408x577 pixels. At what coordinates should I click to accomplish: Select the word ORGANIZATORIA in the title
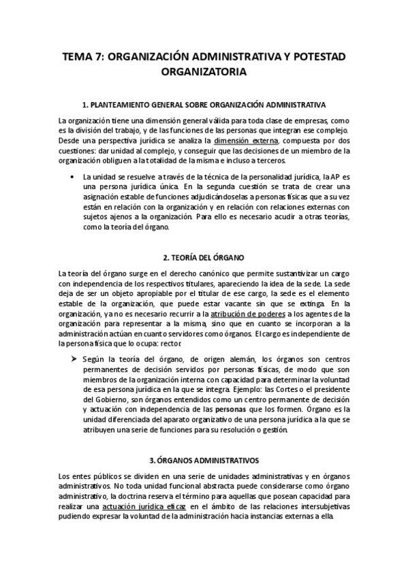point(204,71)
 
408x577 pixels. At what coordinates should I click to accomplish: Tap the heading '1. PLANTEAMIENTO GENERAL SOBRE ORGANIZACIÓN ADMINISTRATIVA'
point(204,105)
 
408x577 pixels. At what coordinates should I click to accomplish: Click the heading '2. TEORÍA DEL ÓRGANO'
point(204,258)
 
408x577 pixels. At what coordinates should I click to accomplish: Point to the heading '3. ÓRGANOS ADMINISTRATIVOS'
point(204,460)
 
